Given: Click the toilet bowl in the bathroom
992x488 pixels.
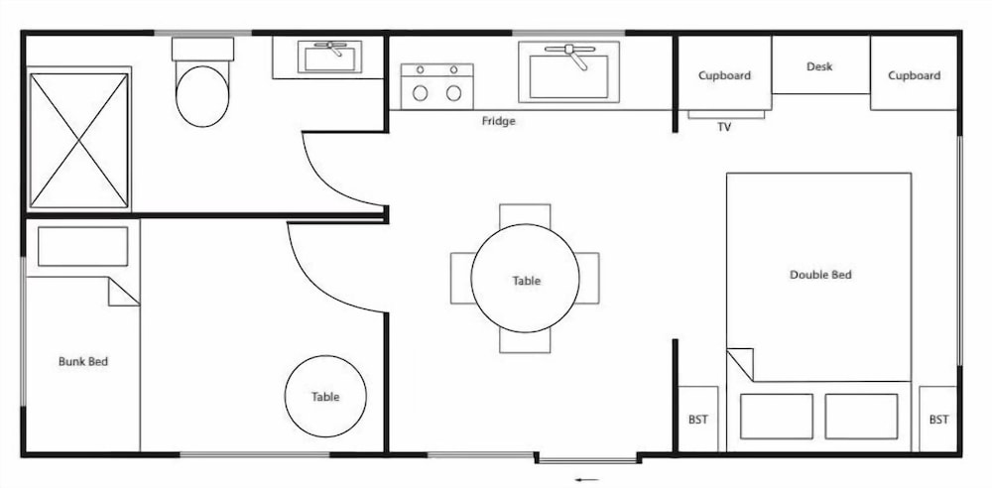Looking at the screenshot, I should (x=202, y=95).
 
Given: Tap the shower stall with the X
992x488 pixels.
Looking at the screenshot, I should (x=79, y=140).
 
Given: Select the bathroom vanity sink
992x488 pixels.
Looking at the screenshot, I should (x=332, y=57).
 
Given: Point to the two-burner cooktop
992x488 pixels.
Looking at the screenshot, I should (x=436, y=85).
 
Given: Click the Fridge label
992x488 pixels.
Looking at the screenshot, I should (x=498, y=122).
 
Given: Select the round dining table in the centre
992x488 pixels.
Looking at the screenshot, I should (x=525, y=280).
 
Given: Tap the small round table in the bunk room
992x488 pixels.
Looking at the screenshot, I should (x=324, y=396).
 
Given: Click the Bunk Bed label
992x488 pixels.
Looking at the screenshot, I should (x=83, y=361).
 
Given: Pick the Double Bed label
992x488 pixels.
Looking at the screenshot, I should (x=820, y=275).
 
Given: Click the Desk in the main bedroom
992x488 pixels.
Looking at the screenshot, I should (x=819, y=66).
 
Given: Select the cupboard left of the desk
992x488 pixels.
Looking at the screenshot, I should (x=724, y=74).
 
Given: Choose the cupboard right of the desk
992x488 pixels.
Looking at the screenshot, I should (x=914, y=74).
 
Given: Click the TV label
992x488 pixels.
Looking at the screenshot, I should (x=724, y=126).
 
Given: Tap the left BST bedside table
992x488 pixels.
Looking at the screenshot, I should (x=697, y=419).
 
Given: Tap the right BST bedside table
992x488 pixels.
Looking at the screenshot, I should (x=938, y=419).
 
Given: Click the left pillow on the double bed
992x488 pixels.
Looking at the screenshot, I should (x=776, y=416).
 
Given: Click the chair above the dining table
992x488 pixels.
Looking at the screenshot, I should (x=525, y=215).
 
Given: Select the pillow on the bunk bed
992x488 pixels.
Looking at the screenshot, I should (x=82, y=247).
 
